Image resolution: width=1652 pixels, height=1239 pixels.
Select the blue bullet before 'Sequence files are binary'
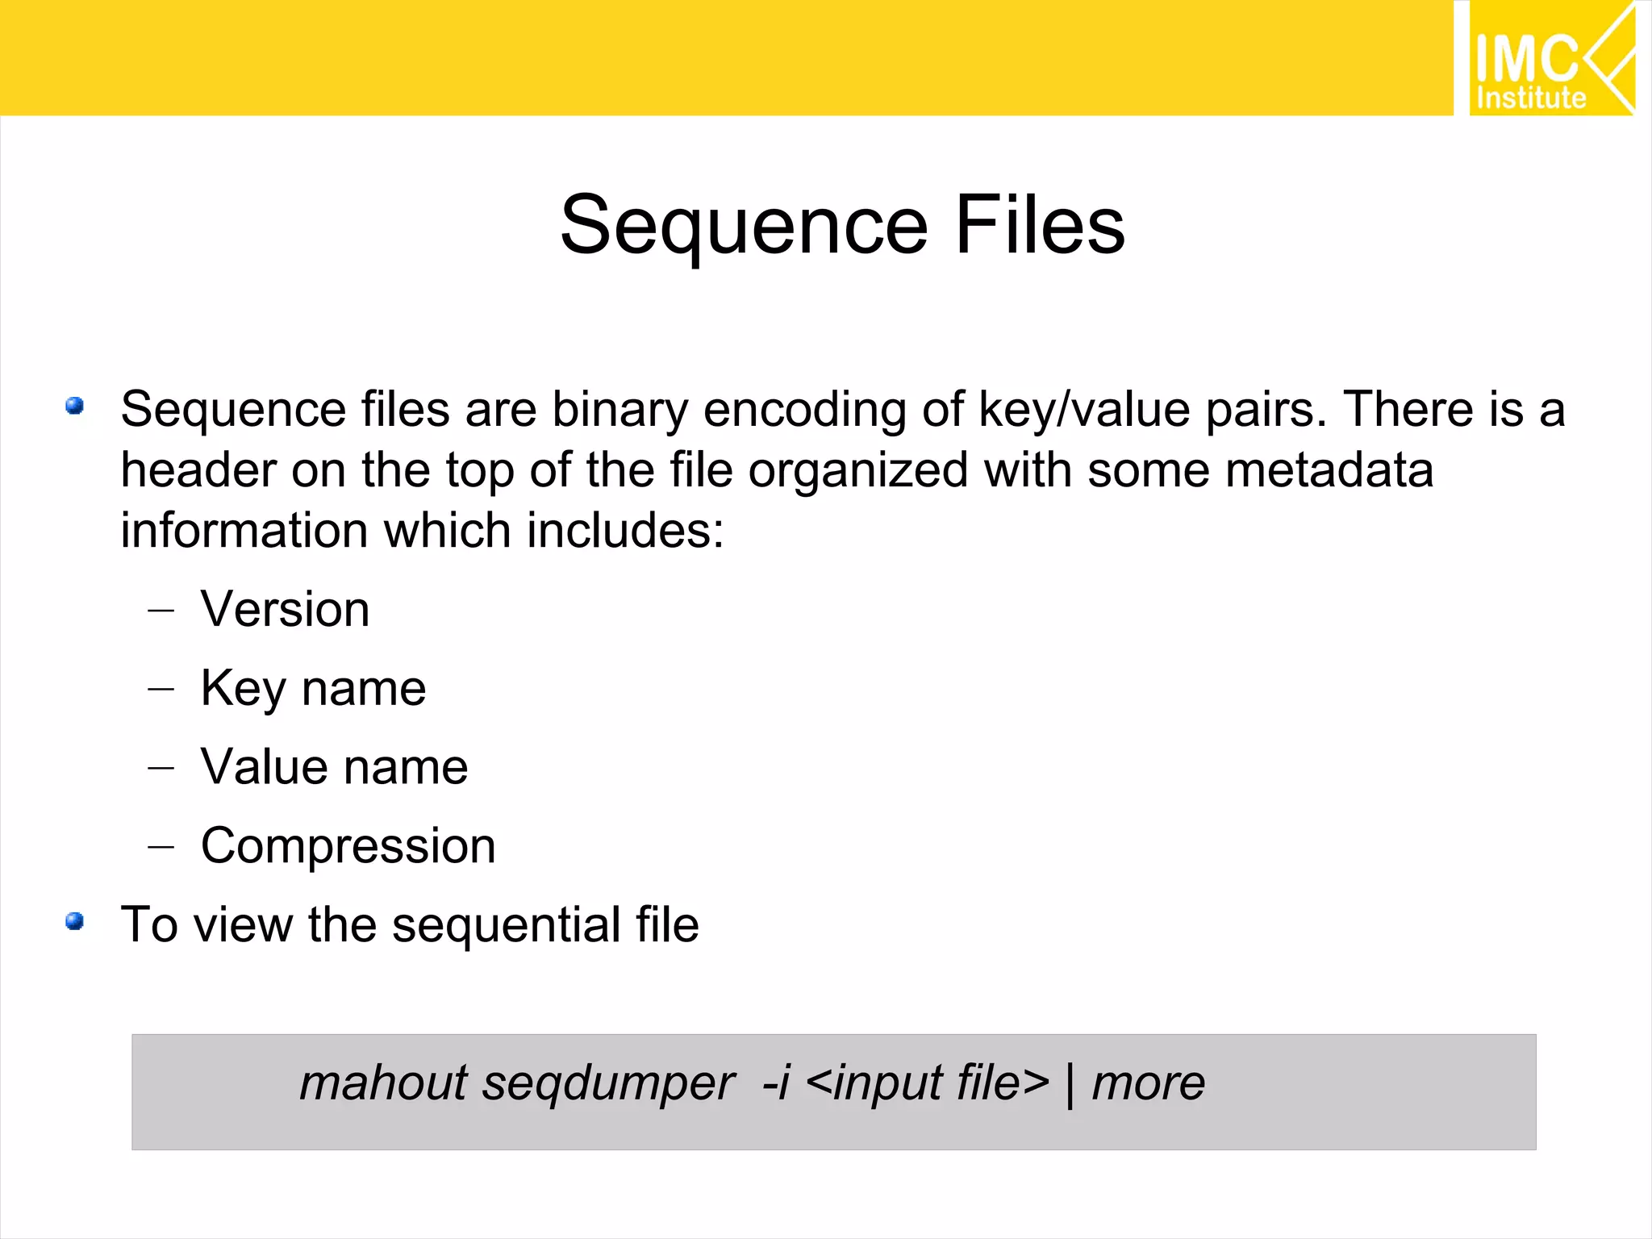click(x=75, y=406)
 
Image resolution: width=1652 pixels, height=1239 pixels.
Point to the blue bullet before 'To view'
click(x=75, y=921)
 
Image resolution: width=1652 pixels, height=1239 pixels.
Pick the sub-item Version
click(x=285, y=609)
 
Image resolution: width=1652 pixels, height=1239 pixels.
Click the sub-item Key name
click(x=313, y=689)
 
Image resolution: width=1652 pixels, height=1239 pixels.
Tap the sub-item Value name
click(x=334, y=767)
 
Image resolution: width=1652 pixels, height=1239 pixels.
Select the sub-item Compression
click(x=348, y=846)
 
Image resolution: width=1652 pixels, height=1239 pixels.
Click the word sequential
click(x=506, y=924)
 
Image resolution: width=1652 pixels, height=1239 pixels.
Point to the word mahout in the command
click(x=383, y=1083)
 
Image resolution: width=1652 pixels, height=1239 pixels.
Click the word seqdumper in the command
click(x=608, y=1083)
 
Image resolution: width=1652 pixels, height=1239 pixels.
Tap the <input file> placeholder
click(x=927, y=1083)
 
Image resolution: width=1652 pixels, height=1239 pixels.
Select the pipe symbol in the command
click(x=1070, y=1084)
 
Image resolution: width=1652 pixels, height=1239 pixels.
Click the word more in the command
click(x=1149, y=1083)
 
